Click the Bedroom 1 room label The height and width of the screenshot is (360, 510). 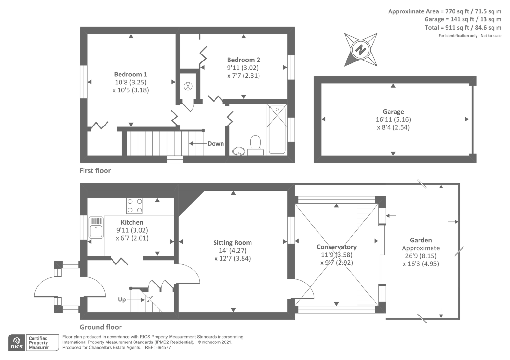point(131,75)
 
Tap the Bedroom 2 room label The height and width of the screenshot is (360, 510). point(244,60)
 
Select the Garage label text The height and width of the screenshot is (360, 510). point(393,112)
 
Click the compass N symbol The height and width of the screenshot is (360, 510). point(361,50)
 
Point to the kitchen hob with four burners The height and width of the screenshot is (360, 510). point(134,206)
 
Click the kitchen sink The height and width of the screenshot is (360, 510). point(96,227)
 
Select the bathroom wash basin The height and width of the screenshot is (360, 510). point(238,151)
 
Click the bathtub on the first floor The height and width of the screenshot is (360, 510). point(277,129)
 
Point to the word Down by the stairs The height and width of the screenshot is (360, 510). point(215,144)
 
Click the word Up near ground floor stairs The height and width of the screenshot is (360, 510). point(122,299)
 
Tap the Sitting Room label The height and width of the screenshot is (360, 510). point(232,243)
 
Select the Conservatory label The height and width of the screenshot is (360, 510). point(336,247)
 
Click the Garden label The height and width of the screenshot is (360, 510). point(421,240)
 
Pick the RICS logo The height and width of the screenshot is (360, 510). point(16,343)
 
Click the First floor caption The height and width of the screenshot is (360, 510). point(95,171)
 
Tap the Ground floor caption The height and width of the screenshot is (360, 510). point(100,327)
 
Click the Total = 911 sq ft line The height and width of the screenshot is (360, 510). point(463,28)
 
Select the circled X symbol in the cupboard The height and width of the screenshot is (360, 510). point(188,86)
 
